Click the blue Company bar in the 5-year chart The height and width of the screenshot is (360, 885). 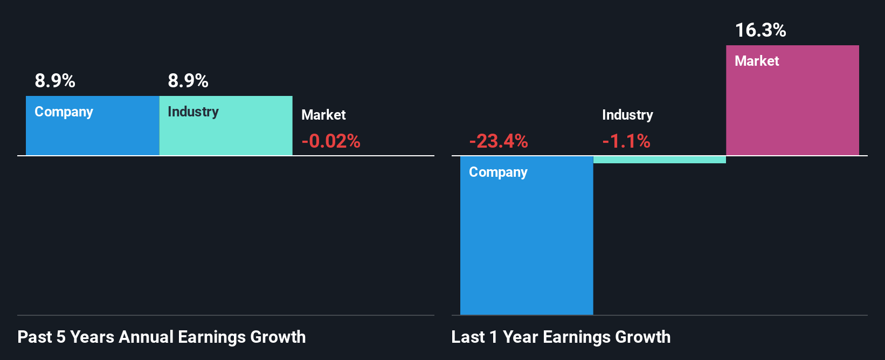pyautogui.click(x=92, y=135)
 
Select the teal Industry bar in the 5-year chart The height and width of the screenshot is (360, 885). pyautogui.click(x=226, y=135)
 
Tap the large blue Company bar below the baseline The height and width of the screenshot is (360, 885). pyautogui.click(x=527, y=243)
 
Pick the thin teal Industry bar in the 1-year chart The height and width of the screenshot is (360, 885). pyautogui.click(x=660, y=160)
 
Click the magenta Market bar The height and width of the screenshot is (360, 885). pyautogui.click(x=792, y=108)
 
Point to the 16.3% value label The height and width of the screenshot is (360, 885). pyautogui.click(x=760, y=30)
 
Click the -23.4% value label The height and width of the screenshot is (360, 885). pyautogui.click(x=499, y=141)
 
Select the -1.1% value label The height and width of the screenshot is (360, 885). pyautogui.click(x=626, y=141)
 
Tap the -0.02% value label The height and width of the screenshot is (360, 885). pyautogui.click(x=331, y=141)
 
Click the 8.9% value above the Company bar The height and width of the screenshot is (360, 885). pyautogui.click(x=55, y=81)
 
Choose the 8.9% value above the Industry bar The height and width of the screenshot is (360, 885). pyautogui.click(x=188, y=81)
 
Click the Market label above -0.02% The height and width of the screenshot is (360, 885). pyautogui.click(x=323, y=115)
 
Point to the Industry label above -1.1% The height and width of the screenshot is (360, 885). pyautogui.click(x=627, y=115)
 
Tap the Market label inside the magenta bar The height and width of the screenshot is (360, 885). pyautogui.click(x=757, y=61)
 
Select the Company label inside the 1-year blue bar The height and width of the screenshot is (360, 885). pyautogui.click(x=498, y=172)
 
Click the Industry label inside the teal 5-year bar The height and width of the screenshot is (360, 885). pyautogui.click(x=193, y=112)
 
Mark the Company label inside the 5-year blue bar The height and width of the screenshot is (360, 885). pyautogui.click(x=64, y=112)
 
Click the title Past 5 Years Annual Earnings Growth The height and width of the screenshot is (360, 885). pyautogui.click(x=162, y=337)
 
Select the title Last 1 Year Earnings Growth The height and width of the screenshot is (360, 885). pyautogui.click(x=561, y=337)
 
